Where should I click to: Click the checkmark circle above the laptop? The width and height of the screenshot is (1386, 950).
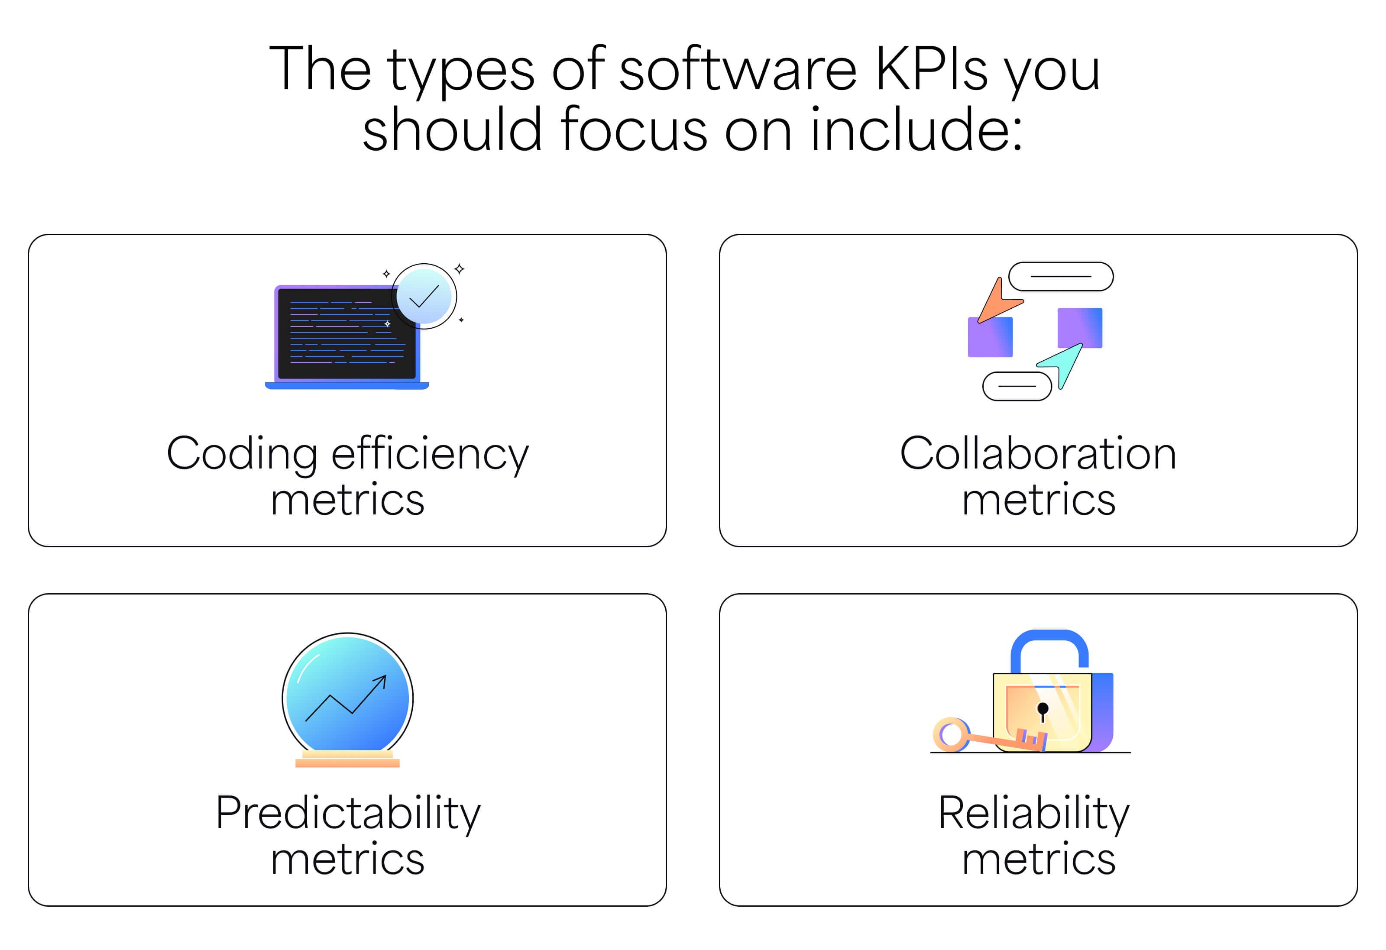424,297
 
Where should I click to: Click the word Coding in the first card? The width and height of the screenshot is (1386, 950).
242,455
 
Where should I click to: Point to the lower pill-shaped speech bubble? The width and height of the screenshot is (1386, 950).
1017,386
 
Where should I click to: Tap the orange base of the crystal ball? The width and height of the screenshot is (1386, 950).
348,759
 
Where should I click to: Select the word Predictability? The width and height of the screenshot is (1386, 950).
348,814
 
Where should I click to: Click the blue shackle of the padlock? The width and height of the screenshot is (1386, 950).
1049,649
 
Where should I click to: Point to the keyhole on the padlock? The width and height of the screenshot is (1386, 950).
1043,711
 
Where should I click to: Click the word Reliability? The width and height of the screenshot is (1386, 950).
1034,814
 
